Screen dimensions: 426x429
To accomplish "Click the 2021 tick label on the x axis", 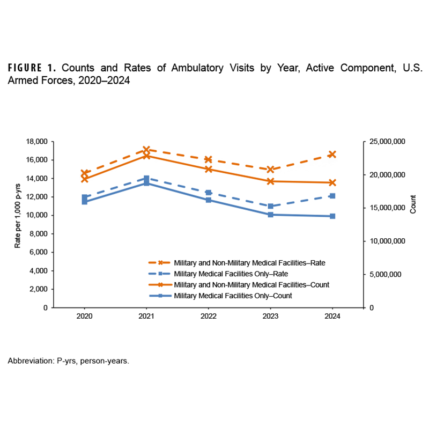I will tap(146, 317).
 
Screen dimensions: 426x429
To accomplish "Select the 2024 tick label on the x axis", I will tap(332, 317).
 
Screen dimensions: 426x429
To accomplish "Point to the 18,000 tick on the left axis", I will tap(36, 142).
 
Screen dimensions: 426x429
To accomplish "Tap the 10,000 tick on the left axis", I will tap(36, 215).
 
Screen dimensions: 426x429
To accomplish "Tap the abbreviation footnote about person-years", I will tap(68, 361).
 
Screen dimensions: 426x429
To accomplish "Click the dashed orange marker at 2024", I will tap(332, 154).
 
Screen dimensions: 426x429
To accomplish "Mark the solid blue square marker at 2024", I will tap(332, 216).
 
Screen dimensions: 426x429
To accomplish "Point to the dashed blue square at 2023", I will tap(270, 206).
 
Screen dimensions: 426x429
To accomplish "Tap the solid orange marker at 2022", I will tap(209, 169).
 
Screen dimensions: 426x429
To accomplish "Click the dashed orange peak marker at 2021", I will tap(146, 150).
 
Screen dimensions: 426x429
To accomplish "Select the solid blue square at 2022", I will tap(209, 200).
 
